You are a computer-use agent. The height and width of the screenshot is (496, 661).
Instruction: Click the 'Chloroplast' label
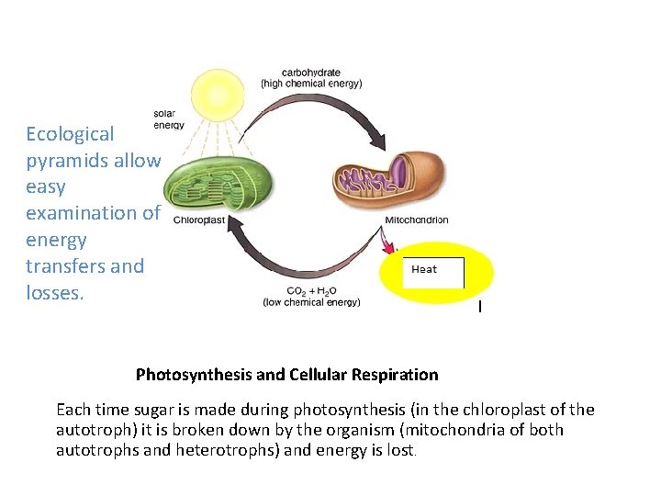(x=198, y=220)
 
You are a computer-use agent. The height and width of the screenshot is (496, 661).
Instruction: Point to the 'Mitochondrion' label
(x=417, y=220)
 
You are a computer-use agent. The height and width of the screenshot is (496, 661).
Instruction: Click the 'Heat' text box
(x=433, y=272)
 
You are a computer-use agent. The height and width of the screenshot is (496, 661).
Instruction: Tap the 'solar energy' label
(x=169, y=119)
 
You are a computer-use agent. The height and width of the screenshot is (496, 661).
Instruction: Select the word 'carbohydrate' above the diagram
(x=311, y=72)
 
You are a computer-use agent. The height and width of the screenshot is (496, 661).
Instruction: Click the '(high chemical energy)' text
(x=311, y=84)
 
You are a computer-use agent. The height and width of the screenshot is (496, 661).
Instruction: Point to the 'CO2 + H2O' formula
(x=311, y=290)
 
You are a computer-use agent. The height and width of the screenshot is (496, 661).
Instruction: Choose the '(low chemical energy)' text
(x=311, y=301)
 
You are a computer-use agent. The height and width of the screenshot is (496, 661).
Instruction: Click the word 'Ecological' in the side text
(x=70, y=134)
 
